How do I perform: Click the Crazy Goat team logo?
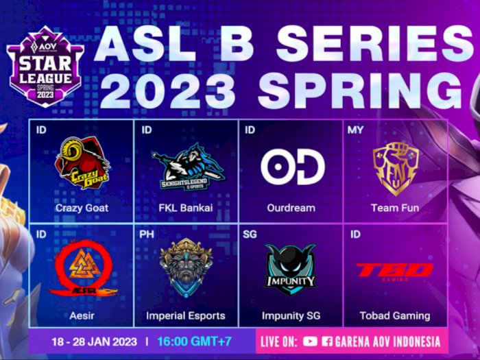[x=82, y=163]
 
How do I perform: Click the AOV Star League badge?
[x=46, y=67]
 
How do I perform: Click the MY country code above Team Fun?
[x=355, y=130]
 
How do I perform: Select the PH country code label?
[x=147, y=234]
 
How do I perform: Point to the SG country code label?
[x=250, y=234]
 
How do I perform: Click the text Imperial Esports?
[x=186, y=315]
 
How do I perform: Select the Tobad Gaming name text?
[x=395, y=315]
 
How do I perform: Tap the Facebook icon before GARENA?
[x=327, y=341]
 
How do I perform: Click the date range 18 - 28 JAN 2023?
[x=94, y=341]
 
